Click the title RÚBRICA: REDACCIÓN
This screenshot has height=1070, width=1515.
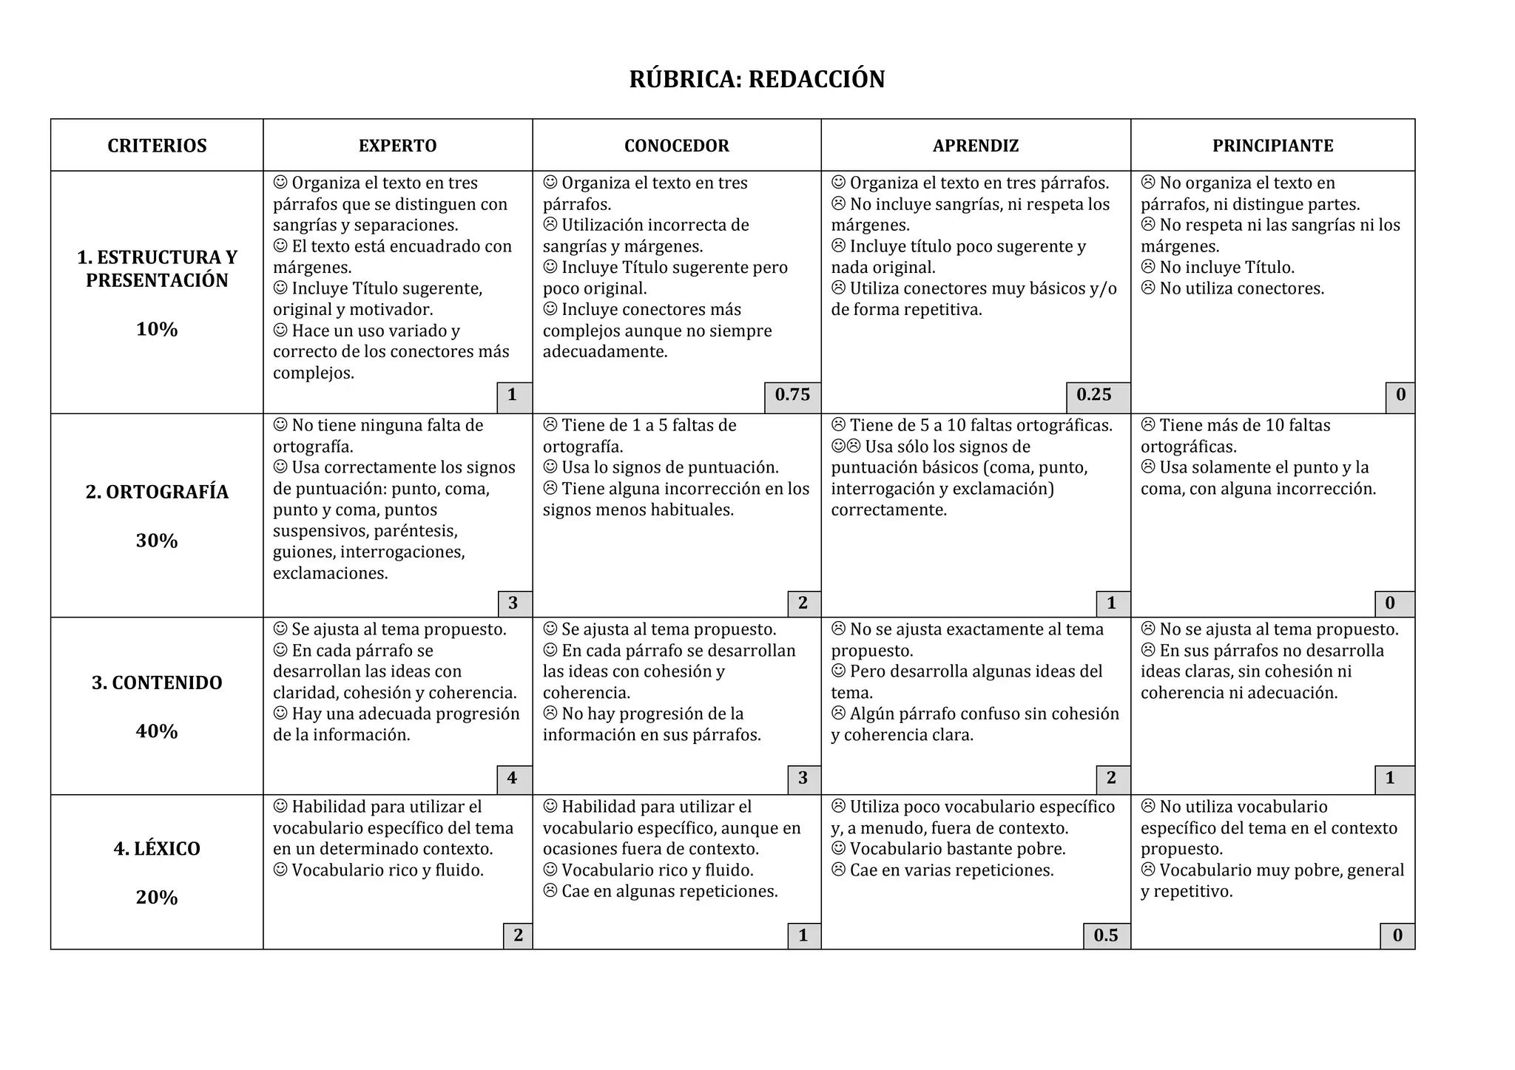point(757,79)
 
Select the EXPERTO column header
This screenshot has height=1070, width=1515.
point(397,146)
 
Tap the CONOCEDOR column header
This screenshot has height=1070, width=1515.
point(676,146)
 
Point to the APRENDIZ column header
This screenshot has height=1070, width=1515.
point(975,146)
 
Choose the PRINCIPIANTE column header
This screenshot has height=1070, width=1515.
point(1272,146)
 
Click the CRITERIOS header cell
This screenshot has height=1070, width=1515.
point(157,146)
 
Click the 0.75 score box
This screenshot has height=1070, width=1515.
point(792,395)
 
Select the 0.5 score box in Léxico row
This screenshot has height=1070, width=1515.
point(1106,935)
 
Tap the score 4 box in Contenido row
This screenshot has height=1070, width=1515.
point(512,778)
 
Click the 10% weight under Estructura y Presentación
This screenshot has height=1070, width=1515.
point(157,330)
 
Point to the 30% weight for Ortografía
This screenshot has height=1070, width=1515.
point(157,541)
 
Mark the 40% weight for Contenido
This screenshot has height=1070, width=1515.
point(157,731)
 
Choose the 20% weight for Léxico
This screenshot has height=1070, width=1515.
point(157,898)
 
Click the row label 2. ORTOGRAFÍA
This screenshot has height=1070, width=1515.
point(157,492)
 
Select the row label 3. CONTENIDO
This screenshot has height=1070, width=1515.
point(157,683)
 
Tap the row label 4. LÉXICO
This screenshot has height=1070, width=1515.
point(157,849)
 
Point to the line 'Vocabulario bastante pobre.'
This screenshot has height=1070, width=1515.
point(957,849)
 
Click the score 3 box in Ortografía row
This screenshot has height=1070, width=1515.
point(513,603)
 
